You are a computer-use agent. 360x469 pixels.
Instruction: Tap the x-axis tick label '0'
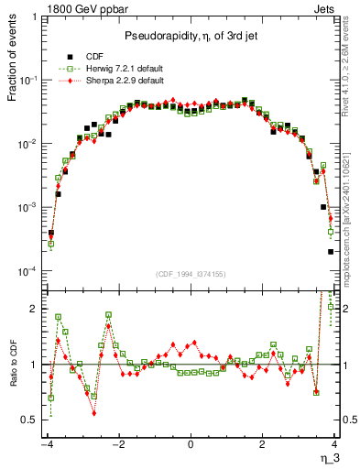coord(191,444)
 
